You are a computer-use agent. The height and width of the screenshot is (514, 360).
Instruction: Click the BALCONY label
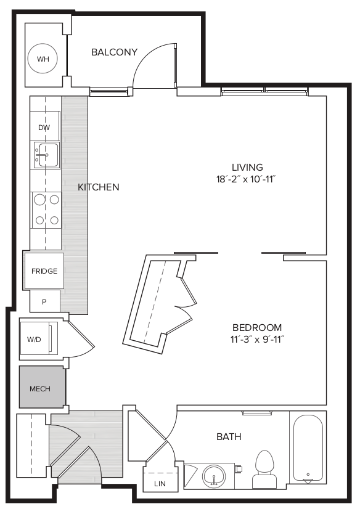(x=114, y=52)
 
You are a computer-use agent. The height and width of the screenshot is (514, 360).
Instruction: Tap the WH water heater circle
(x=43, y=59)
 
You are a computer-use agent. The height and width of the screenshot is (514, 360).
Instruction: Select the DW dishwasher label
(x=44, y=128)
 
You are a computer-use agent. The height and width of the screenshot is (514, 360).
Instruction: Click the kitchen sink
(x=46, y=155)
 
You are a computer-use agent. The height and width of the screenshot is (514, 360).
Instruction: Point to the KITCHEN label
(x=99, y=187)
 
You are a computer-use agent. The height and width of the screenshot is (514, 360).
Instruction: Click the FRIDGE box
(x=44, y=271)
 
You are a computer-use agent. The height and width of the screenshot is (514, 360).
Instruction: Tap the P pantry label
(x=44, y=302)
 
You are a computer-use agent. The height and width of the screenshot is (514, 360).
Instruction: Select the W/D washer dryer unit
(x=39, y=338)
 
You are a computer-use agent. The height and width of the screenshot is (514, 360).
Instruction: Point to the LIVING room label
(x=248, y=167)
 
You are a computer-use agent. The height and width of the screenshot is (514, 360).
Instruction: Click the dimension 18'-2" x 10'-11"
(x=245, y=179)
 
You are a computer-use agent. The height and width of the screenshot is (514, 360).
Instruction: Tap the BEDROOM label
(x=257, y=327)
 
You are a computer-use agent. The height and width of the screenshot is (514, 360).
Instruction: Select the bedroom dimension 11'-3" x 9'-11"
(x=257, y=340)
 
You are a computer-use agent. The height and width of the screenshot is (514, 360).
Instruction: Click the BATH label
(x=229, y=436)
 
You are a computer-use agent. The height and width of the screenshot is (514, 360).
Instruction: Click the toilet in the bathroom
(x=264, y=469)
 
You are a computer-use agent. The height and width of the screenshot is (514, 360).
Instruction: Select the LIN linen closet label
(x=160, y=484)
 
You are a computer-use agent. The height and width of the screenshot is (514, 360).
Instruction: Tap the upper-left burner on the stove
(x=39, y=199)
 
